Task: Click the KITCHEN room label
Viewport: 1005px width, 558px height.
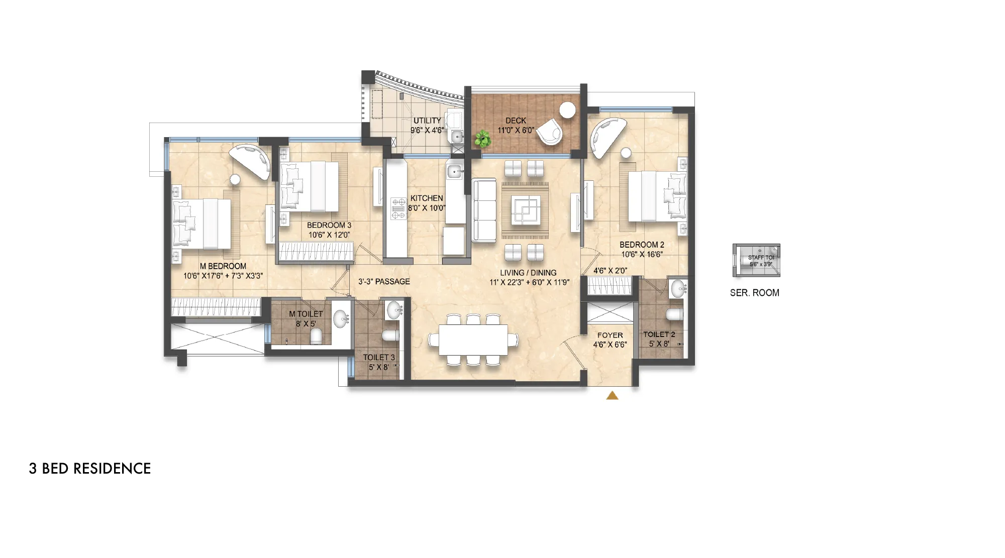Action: [427, 198]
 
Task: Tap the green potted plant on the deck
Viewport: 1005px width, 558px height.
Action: [482, 139]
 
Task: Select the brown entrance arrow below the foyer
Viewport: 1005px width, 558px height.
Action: [612, 395]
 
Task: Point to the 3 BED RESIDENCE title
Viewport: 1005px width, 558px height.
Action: [90, 469]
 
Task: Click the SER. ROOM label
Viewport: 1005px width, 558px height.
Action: [755, 293]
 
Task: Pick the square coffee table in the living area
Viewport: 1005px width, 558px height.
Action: [526, 210]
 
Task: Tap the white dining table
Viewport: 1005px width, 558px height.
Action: [473, 340]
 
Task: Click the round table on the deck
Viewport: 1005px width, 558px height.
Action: [567, 110]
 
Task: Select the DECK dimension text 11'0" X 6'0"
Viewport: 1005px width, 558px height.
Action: [516, 131]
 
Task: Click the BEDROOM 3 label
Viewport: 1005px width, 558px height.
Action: [329, 225]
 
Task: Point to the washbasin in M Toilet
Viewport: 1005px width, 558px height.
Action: [342, 318]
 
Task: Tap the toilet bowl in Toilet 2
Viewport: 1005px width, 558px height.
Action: [674, 315]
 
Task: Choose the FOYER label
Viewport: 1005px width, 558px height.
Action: [610, 335]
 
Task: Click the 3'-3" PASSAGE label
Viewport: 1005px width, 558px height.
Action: [384, 282]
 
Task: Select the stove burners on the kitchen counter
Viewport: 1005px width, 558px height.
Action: [398, 208]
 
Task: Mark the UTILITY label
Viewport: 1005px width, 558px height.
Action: [427, 121]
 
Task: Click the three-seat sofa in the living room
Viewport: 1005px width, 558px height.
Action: [484, 210]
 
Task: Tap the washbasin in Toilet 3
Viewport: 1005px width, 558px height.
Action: [394, 310]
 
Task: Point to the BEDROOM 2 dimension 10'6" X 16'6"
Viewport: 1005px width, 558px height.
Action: [642, 255]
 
